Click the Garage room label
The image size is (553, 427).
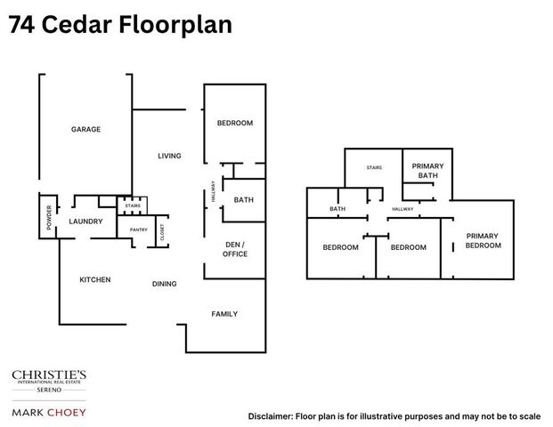click(x=86, y=130)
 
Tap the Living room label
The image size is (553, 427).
click(x=169, y=157)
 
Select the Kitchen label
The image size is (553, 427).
click(x=95, y=280)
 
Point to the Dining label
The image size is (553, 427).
click(x=164, y=285)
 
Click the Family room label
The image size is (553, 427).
click(x=224, y=314)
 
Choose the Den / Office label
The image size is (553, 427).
click(x=235, y=249)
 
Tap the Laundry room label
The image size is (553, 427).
click(x=86, y=222)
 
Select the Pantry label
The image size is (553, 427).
click(x=138, y=230)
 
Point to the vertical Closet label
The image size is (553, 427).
click(x=162, y=233)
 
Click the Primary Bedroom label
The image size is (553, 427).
click(x=484, y=240)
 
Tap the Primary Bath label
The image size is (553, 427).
click(x=428, y=171)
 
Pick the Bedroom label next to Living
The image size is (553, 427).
click(x=235, y=123)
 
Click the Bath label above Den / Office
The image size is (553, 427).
click(x=244, y=200)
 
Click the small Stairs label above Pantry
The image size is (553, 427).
click(x=133, y=205)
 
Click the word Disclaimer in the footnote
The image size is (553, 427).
click(x=272, y=416)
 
